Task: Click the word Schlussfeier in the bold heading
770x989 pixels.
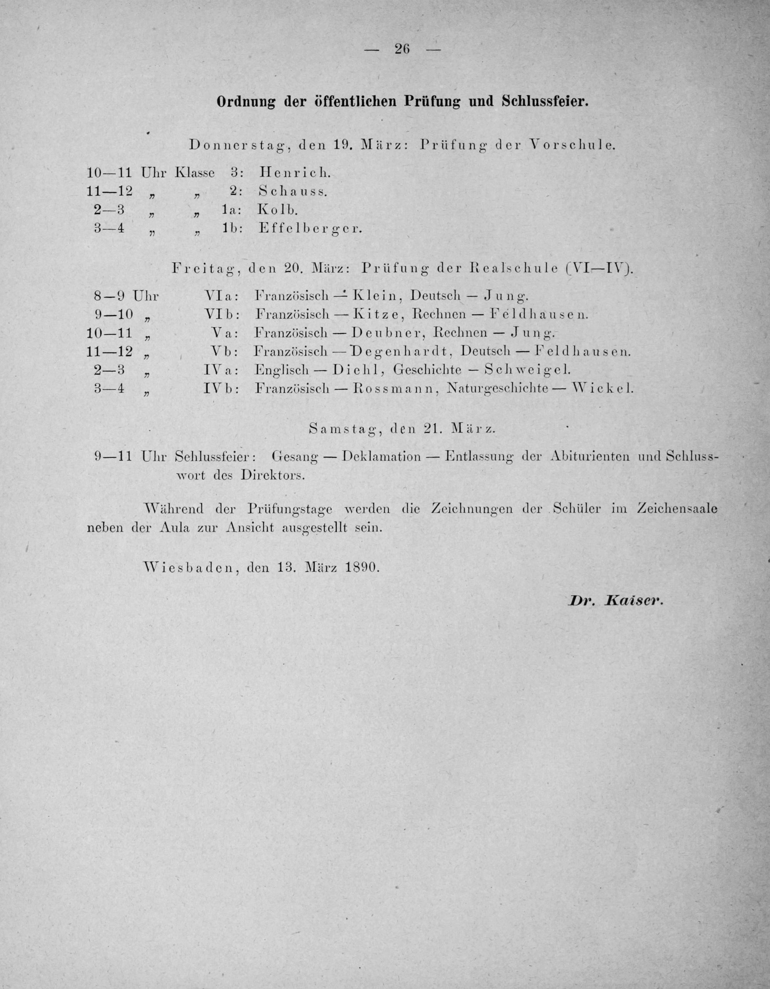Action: tap(545, 101)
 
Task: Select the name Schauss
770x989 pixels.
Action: tap(292, 191)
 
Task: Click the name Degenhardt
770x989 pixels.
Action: tap(401, 351)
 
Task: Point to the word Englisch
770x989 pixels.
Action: tap(281, 370)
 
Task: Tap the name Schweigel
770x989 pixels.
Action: tap(525, 369)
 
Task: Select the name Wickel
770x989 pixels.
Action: tap(603, 388)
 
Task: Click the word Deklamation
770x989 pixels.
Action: tap(382, 457)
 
